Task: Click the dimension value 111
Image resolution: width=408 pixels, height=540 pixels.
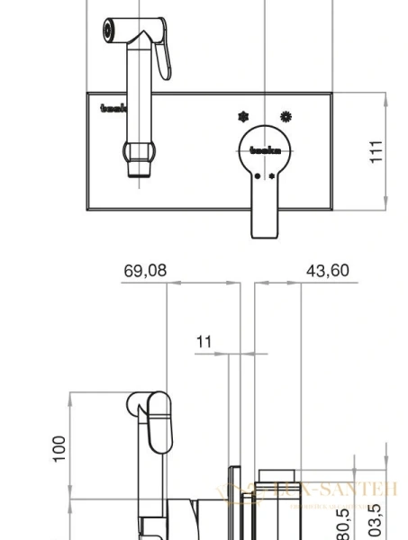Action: pyautogui.click(x=377, y=150)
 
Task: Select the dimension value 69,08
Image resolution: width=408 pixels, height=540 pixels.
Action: pyautogui.click(x=145, y=271)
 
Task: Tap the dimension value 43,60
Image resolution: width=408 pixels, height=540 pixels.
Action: pyautogui.click(x=326, y=271)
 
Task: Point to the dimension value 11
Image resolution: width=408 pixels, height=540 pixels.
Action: pyautogui.click(x=204, y=341)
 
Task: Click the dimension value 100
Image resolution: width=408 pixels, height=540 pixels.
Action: pyautogui.click(x=59, y=447)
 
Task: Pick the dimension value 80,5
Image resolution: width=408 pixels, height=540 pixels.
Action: pyautogui.click(x=343, y=520)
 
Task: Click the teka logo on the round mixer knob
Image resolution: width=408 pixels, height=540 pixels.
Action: pyautogui.click(x=263, y=151)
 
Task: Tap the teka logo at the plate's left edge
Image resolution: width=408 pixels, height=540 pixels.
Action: pyautogui.click(x=114, y=109)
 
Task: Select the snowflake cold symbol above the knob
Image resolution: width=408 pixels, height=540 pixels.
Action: pyautogui.click(x=243, y=117)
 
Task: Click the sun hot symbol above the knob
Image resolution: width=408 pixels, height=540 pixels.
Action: pyautogui.click(x=286, y=116)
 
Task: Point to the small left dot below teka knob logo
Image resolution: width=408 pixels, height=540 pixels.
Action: pyautogui.click(x=256, y=176)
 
